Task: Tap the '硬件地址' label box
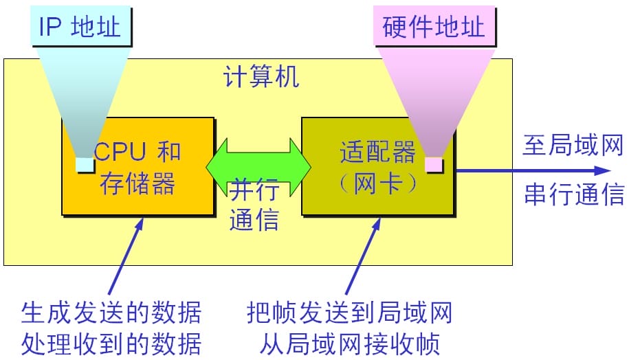tap(433, 27)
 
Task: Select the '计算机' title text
tap(261, 76)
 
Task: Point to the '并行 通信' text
tap(254, 204)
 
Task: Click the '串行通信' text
tap(573, 194)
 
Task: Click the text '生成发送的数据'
tap(111, 313)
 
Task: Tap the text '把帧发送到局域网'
tap(349, 313)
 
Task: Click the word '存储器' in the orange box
tap(137, 183)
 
